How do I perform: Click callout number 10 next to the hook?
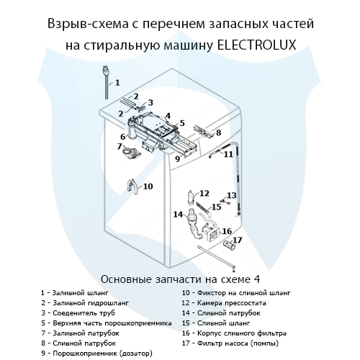(147, 186)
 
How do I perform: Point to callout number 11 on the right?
(228, 153)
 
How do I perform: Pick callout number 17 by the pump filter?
(237, 240)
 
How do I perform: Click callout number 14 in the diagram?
(178, 214)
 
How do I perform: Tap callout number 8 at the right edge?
(218, 132)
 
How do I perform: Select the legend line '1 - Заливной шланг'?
(74, 293)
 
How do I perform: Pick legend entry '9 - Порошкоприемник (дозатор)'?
(98, 354)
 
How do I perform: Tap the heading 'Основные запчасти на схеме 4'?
(179, 279)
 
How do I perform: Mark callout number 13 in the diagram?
(231, 195)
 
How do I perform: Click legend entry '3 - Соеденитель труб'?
(79, 313)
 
